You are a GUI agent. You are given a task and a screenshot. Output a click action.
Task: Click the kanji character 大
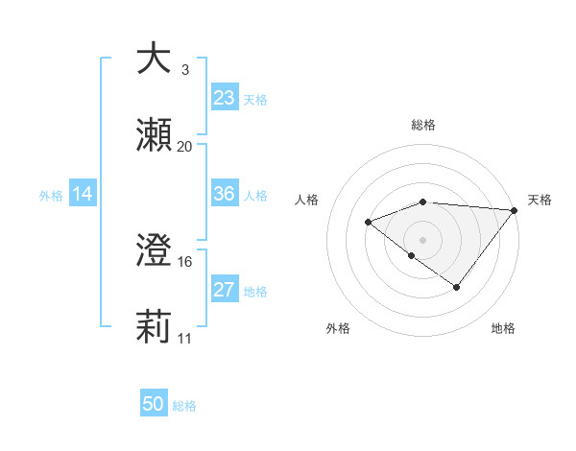[154, 59]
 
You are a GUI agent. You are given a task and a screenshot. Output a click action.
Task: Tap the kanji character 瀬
[154, 137]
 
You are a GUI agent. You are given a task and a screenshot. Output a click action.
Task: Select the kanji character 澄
[154, 252]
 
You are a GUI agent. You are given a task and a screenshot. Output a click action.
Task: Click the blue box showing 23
[225, 98]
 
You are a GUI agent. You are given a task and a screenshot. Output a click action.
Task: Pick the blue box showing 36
[225, 194]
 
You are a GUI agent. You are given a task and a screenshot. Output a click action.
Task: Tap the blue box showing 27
[225, 290]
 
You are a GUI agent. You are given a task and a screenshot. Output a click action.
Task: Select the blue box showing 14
[83, 194]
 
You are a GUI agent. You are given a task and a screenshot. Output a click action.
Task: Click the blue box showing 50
[154, 404]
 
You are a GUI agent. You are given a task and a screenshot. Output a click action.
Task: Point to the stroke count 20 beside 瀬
[185, 147]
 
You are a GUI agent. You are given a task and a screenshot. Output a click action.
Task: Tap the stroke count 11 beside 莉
[185, 339]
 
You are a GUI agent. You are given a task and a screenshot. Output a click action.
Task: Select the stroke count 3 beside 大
[185, 69]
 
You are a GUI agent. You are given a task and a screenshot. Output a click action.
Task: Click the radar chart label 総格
[423, 125]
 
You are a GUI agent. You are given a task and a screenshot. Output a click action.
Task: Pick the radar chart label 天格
[540, 200]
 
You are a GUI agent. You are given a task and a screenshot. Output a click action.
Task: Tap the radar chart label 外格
[338, 328]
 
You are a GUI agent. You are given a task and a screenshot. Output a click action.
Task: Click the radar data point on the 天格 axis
[516, 210]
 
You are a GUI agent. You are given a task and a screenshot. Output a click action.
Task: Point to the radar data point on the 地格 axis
[457, 287]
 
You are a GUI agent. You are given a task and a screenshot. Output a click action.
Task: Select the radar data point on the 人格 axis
[368, 223]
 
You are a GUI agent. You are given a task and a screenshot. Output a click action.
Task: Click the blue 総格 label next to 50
[184, 406]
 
